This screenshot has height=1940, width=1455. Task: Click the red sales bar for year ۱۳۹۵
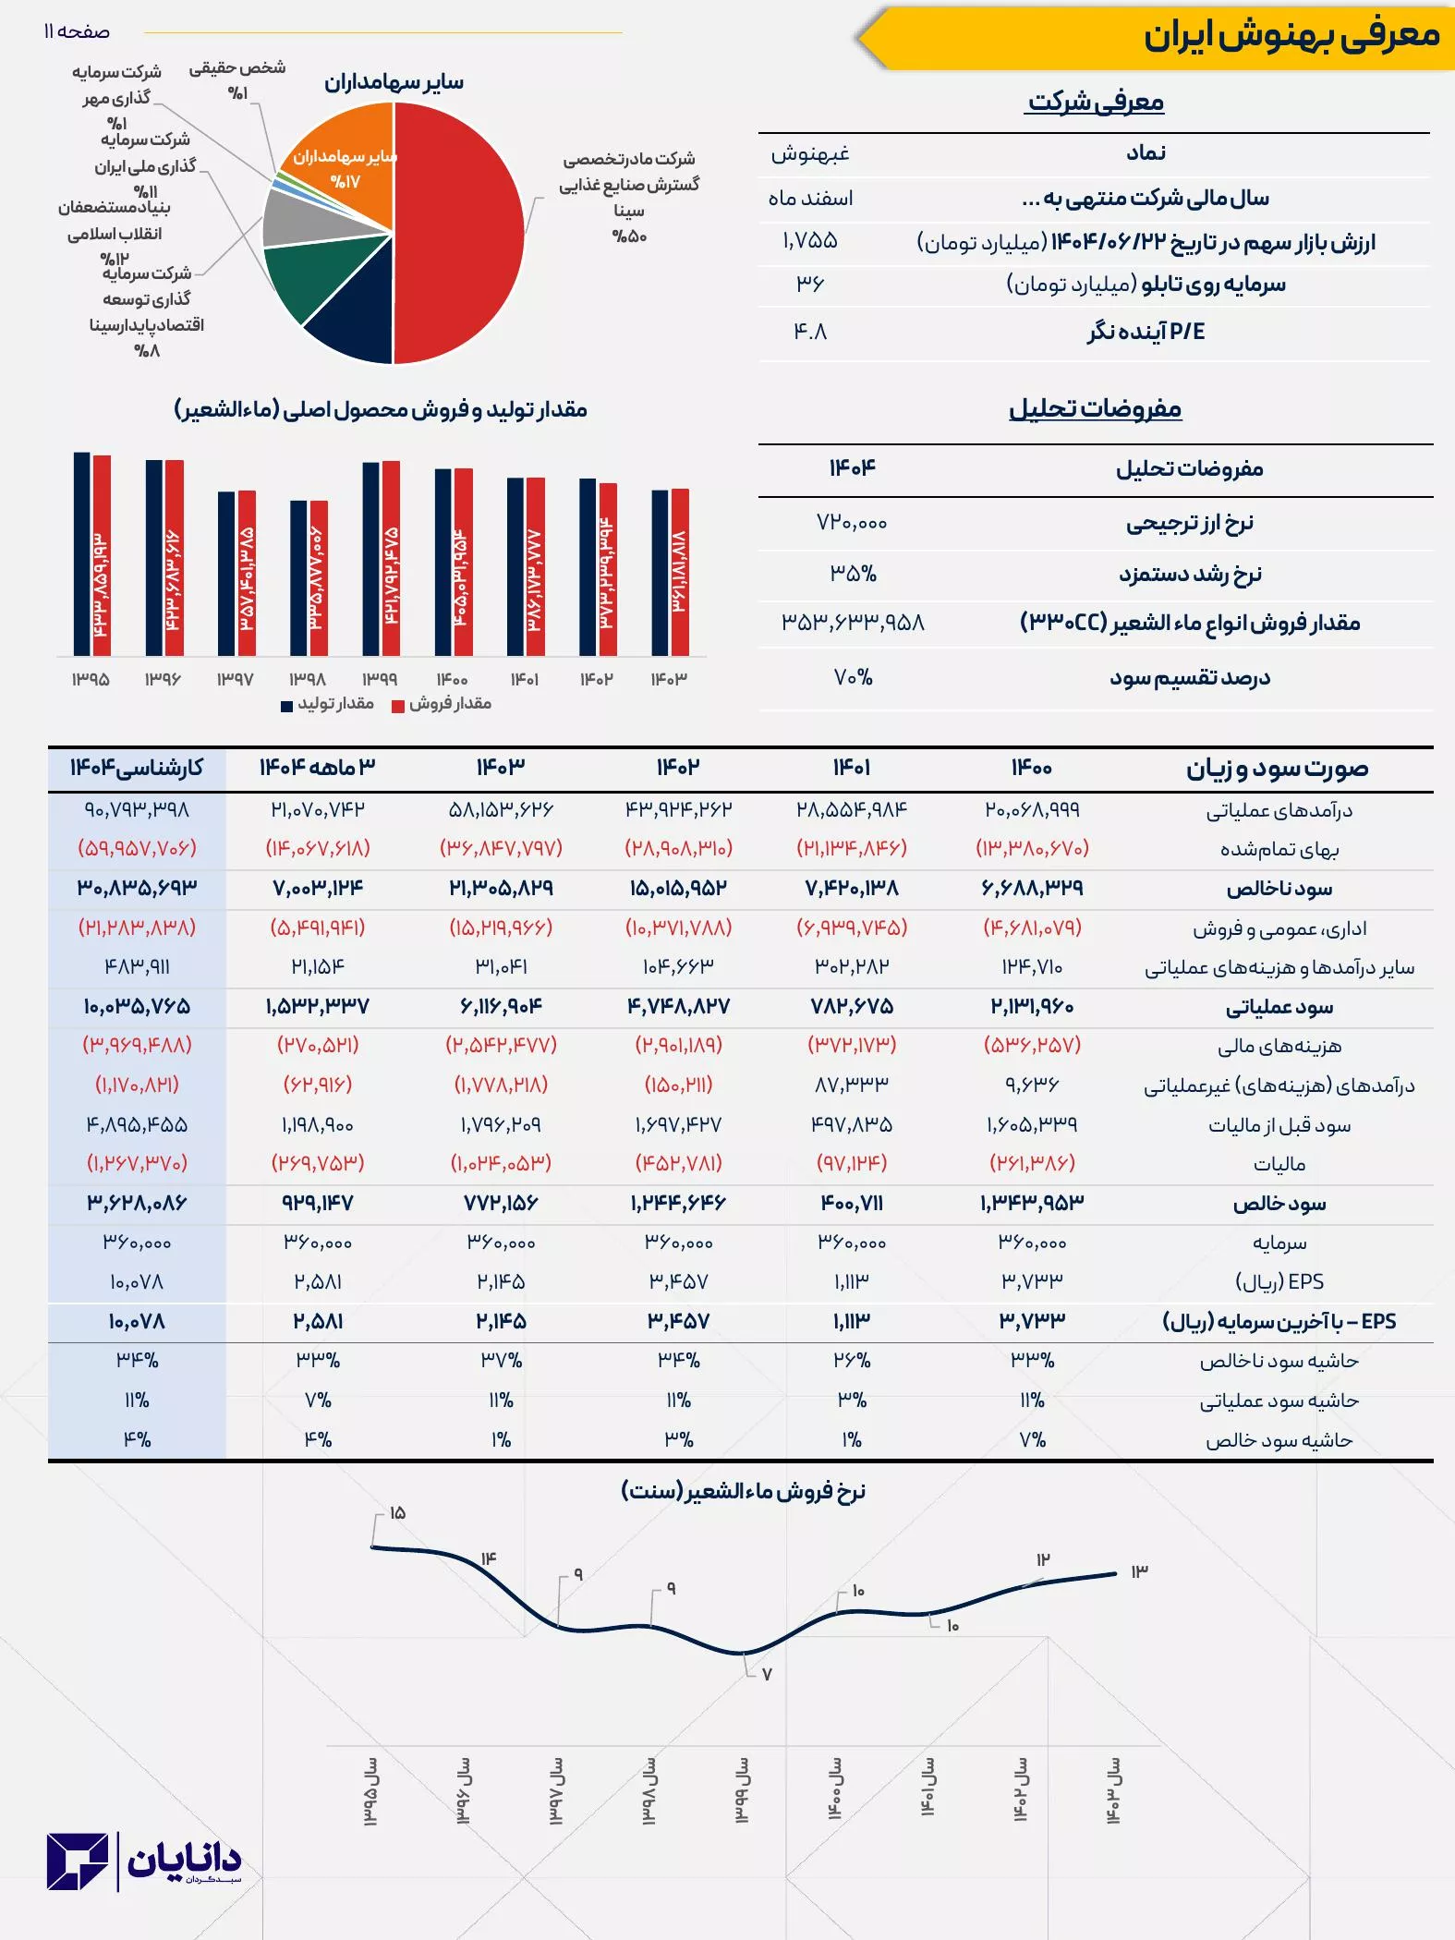pyautogui.click(x=102, y=554)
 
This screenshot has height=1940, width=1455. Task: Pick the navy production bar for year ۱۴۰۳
pyautogui.click(x=660, y=573)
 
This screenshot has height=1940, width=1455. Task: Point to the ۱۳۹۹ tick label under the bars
pyautogui.click(x=380, y=679)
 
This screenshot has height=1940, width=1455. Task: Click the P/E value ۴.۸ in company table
pyautogui.click(x=810, y=331)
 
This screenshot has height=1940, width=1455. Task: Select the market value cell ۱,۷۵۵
pyautogui.click(x=810, y=241)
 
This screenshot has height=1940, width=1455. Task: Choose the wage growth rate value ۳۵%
pyautogui.click(x=853, y=574)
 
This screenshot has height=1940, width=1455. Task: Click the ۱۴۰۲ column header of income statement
pyautogui.click(x=678, y=768)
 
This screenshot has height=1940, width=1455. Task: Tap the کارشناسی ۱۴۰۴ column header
pyautogui.click(x=137, y=768)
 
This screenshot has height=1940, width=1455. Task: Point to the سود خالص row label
pyautogui.click(x=1279, y=1204)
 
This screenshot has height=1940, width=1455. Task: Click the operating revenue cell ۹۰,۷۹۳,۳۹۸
pyautogui.click(x=137, y=809)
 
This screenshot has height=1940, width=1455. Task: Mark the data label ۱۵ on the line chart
pyautogui.click(x=397, y=1513)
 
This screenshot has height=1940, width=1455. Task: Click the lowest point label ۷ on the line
pyautogui.click(x=767, y=1674)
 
